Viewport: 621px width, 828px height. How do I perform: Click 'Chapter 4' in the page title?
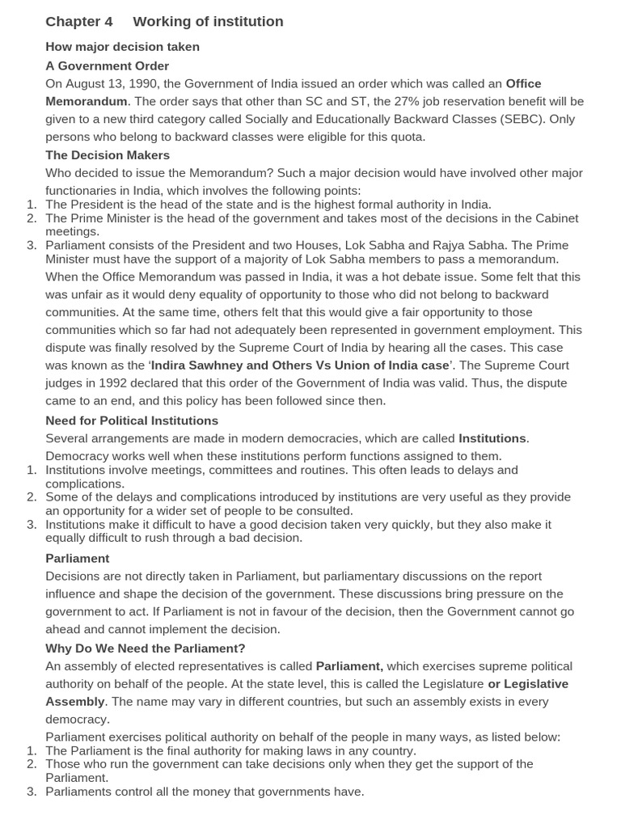click(79, 22)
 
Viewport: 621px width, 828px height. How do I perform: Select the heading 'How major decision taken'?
click(122, 47)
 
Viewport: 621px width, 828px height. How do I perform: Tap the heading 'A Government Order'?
click(107, 65)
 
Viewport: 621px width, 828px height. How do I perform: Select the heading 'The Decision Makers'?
click(108, 155)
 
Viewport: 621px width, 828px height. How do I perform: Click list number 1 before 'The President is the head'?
click(32, 205)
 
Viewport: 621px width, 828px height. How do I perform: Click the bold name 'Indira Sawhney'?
click(197, 365)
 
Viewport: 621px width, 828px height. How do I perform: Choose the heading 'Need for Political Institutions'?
click(132, 420)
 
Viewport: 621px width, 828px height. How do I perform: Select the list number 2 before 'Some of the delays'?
click(32, 496)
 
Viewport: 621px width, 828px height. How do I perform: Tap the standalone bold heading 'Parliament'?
click(77, 559)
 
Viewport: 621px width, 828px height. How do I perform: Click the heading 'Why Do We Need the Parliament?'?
click(145, 648)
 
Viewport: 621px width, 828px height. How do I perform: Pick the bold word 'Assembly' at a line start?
click(75, 702)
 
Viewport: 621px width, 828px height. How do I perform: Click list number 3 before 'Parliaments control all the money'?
click(32, 792)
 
